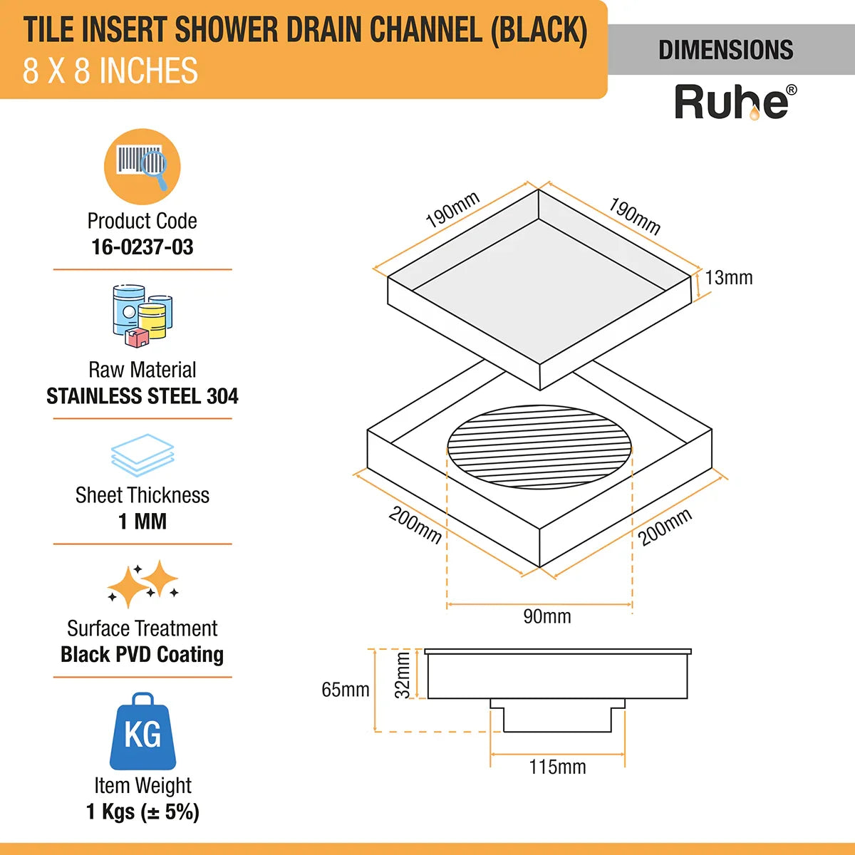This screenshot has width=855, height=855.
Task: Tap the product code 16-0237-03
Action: coord(142,247)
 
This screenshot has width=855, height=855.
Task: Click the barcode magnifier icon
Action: coord(142,167)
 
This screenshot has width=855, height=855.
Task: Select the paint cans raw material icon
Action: coord(142,316)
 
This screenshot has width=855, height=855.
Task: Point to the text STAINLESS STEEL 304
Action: coord(142,396)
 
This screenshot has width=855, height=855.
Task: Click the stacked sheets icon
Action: coord(142,455)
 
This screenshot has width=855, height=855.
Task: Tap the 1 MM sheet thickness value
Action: coord(142,522)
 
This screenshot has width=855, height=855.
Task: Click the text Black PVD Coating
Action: coord(142,655)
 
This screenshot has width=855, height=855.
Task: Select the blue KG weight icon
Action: coord(142,732)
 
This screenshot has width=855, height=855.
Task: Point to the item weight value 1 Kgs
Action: coord(142,812)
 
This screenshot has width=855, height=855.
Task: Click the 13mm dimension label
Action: coord(729,278)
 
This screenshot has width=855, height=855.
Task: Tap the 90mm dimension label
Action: coord(547,616)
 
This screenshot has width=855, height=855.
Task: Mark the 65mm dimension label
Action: coord(346,690)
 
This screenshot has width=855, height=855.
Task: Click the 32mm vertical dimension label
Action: coord(403,675)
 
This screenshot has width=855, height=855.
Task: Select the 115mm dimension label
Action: coord(557,767)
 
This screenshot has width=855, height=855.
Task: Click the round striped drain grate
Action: coord(539,447)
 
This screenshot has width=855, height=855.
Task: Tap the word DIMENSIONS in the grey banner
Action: coord(725,50)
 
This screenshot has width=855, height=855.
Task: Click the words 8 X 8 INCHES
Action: coord(110,71)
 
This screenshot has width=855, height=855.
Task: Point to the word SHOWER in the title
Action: coord(227,30)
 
